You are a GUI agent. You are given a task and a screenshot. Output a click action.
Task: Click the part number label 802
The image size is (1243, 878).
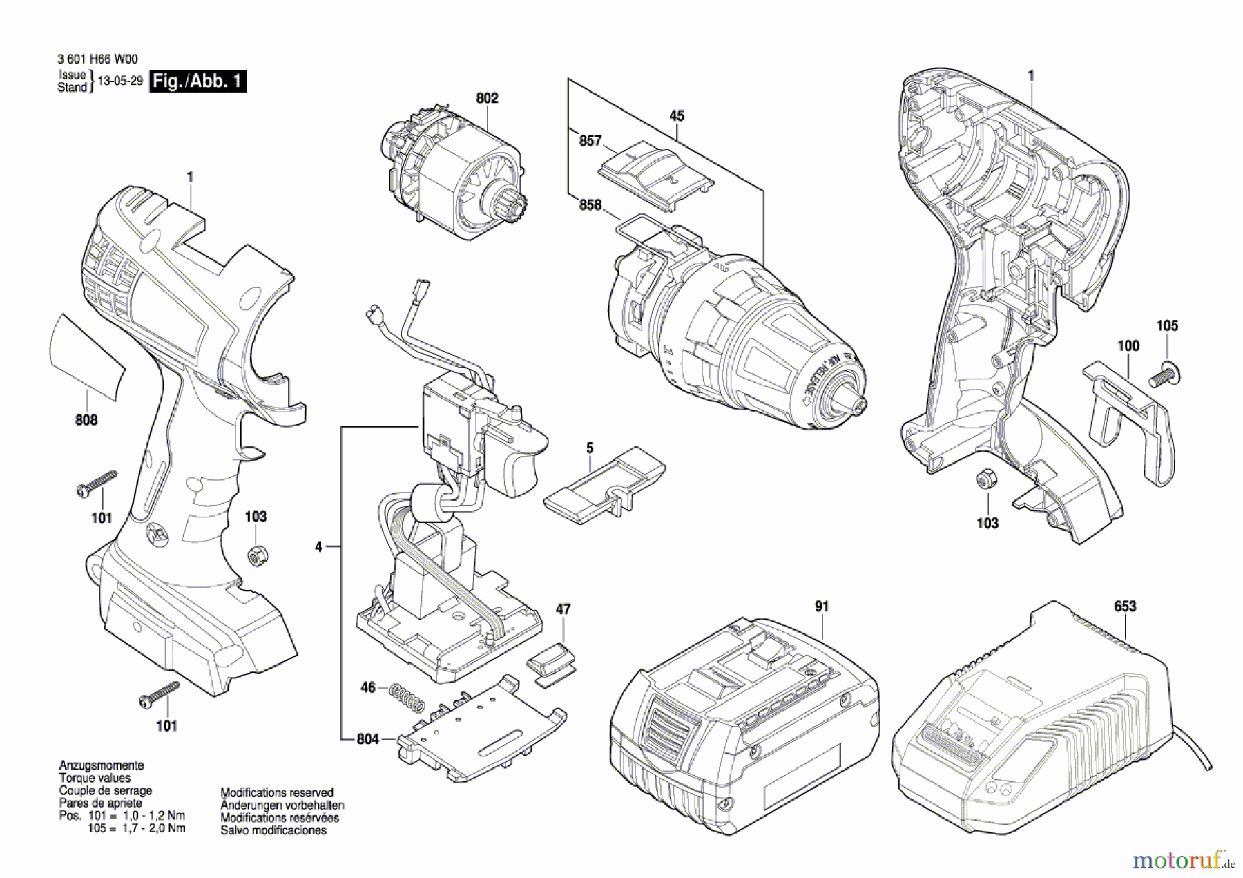click(x=487, y=98)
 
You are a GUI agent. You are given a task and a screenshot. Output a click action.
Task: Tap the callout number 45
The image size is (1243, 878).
click(x=677, y=116)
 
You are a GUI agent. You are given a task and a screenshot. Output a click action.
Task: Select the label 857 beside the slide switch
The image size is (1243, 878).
click(x=590, y=141)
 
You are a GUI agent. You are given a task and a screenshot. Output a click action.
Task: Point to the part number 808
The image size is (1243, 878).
click(x=86, y=420)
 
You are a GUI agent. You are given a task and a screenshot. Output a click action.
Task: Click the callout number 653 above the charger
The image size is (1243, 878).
click(x=1125, y=606)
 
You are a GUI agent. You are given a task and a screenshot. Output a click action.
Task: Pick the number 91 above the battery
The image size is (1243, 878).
click(x=821, y=607)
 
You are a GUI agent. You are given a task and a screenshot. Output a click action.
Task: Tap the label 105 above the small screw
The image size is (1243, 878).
click(x=1167, y=325)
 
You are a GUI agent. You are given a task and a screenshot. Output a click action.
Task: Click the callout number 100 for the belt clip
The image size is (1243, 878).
click(x=1128, y=345)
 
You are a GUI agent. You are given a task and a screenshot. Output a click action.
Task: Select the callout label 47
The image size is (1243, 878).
click(x=563, y=609)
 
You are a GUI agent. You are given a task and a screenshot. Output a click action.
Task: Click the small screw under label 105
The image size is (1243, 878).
click(x=1165, y=374)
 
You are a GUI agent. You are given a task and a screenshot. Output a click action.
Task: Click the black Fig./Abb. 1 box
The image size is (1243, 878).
click(x=197, y=82)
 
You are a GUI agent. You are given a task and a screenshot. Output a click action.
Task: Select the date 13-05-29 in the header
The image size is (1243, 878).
click(x=120, y=81)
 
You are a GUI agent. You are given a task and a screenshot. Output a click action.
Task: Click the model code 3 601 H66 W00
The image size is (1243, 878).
click(x=93, y=60)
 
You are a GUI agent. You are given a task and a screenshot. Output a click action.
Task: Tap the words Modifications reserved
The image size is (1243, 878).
click(x=277, y=792)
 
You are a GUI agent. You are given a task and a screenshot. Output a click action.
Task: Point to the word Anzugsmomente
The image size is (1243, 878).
click(x=102, y=765)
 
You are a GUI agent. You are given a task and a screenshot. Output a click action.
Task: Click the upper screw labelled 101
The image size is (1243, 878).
click(x=97, y=483)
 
